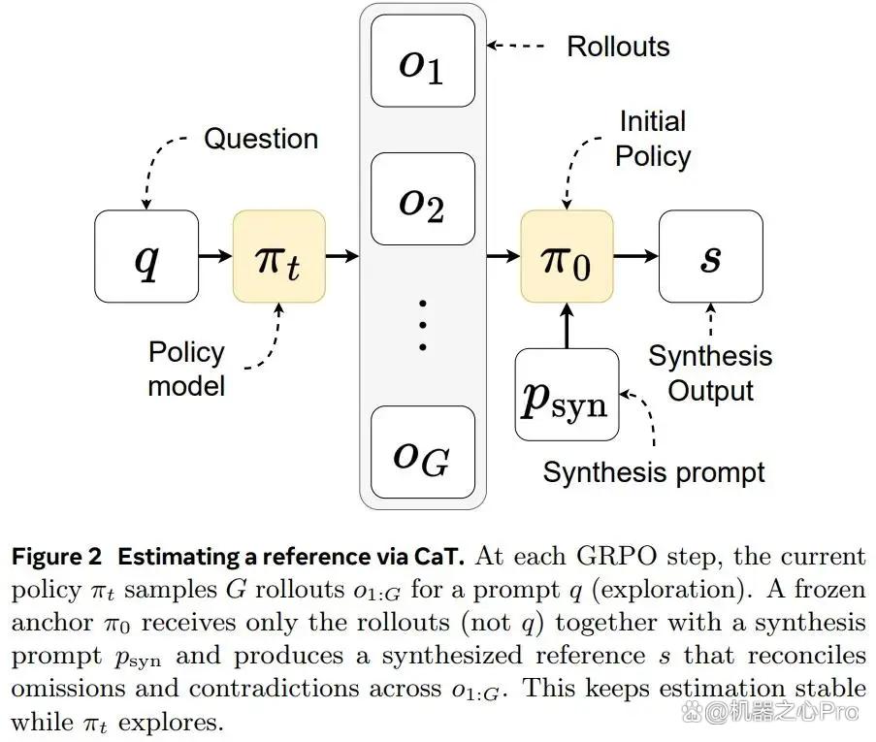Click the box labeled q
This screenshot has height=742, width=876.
[x=146, y=256]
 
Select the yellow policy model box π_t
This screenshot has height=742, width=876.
[x=279, y=256]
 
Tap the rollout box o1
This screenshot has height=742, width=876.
[x=423, y=60]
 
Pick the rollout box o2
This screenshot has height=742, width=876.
[x=423, y=199]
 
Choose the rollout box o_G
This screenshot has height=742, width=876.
[x=423, y=452]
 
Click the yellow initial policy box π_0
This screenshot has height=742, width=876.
[x=568, y=256]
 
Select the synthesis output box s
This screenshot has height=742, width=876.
[x=711, y=256]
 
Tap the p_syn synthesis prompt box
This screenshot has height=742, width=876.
[x=568, y=395]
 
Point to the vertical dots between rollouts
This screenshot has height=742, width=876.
[x=423, y=325]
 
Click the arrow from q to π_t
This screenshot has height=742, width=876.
[x=215, y=256]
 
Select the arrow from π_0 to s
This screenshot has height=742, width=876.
[x=636, y=256]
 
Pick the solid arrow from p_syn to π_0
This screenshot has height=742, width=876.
[x=568, y=326]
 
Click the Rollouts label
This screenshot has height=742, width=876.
[x=619, y=47]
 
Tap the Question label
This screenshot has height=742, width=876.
[x=261, y=139]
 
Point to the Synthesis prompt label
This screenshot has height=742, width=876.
[x=654, y=472]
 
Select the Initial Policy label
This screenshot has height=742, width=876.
[x=653, y=139]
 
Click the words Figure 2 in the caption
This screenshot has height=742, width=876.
[x=57, y=557]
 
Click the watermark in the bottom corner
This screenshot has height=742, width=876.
[x=769, y=712]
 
